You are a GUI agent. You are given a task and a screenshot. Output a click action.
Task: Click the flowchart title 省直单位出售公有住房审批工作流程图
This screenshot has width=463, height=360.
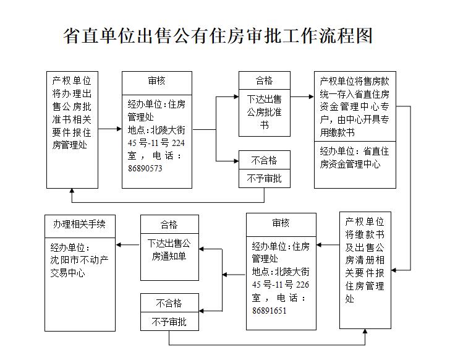(x=218, y=35)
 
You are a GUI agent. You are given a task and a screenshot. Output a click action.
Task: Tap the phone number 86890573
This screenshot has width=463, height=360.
(x=145, y=168)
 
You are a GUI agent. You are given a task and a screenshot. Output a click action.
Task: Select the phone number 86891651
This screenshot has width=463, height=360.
(x=270, y=310)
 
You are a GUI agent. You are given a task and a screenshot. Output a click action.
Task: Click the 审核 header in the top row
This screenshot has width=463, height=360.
(x=156, y=81)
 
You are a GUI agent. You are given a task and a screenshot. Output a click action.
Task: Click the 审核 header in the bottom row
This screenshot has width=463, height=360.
(x=281, y=223)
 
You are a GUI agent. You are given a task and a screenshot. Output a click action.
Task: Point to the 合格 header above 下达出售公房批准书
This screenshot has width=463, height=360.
(x=264, y=81)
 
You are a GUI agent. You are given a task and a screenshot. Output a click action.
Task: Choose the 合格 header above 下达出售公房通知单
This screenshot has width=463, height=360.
(x=169, y=225)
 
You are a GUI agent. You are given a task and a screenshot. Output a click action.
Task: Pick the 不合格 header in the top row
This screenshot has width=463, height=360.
(x=264, y=161)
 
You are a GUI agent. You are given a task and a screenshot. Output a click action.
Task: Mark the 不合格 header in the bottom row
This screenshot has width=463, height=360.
(x=169, y=304)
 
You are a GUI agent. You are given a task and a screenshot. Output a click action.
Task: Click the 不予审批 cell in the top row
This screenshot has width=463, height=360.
(x=264, y=178)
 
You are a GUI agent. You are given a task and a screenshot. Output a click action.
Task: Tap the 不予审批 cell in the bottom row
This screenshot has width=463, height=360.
(x=169, y=322)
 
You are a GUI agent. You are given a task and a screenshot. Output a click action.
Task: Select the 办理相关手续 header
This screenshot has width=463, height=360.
(x=79, y=225)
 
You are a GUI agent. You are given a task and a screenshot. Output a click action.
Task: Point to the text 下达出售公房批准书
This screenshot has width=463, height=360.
(x=264, y=111)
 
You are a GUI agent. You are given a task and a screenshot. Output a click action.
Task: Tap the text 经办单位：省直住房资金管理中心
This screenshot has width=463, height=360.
(x=354, y=157)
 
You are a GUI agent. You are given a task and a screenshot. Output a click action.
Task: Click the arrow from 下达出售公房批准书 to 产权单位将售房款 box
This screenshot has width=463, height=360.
(x=302, y=96)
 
